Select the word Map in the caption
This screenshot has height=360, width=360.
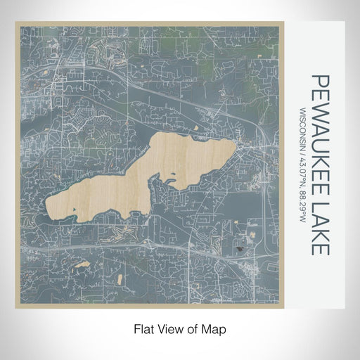[x=216, y=328]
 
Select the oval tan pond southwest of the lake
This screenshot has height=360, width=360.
[x=82, y=265]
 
